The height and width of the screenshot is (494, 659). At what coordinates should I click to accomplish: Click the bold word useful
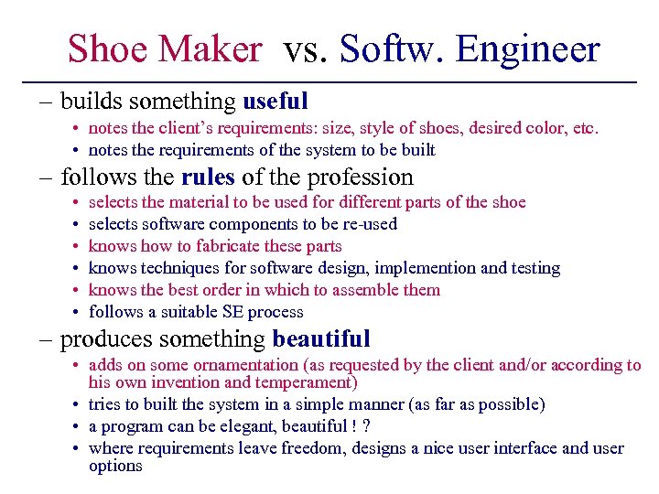coord(275,101)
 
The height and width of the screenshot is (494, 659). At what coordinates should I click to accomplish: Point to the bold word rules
coord(208,176)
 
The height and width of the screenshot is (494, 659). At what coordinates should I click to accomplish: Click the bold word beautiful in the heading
coord(321,339)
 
